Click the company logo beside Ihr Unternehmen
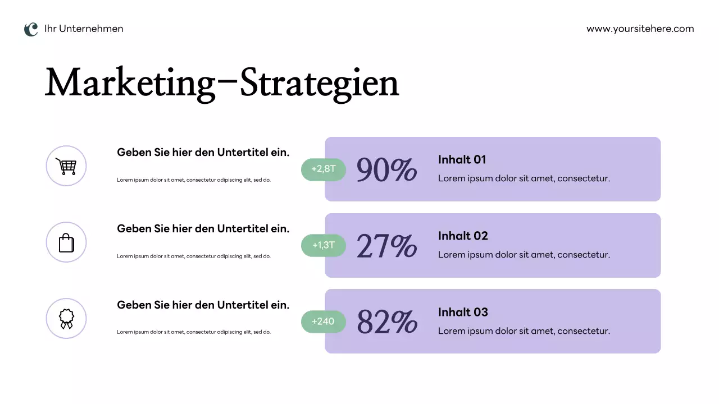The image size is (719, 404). (31, 29)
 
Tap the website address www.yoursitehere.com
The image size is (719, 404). (640, 29)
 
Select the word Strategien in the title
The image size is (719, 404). (319, 83)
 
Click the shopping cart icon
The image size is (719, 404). (66, 166)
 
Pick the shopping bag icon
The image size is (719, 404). (66, 242)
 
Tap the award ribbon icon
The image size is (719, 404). (66, 319)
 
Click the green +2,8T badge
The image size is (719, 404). (324, 169)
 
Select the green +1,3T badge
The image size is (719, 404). (324, 245)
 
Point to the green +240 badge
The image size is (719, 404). (324, 322)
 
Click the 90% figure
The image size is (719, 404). (386, 169)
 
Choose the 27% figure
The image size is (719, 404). (386, 246)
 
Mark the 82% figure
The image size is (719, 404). (386, 322)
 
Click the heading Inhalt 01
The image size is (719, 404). (462, 160)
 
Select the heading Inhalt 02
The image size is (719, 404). (463, 236)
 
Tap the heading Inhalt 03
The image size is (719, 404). (463, 313)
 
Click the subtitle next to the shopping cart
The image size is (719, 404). (203, 152)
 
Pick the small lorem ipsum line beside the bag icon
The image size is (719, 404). (194, 256)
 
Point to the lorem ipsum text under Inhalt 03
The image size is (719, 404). (524, 331)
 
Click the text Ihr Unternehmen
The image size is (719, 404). (84, 29)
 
